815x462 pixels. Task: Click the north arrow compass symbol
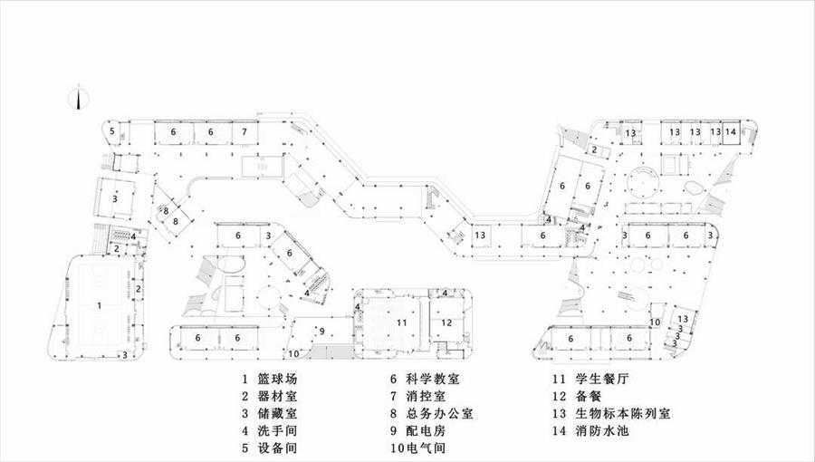click(79, 97)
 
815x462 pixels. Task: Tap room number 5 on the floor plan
click(112, 132)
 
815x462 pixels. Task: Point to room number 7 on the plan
click(244, 132)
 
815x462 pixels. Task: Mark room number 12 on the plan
click(446, 322)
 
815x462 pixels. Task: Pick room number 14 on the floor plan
click(730, 132)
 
